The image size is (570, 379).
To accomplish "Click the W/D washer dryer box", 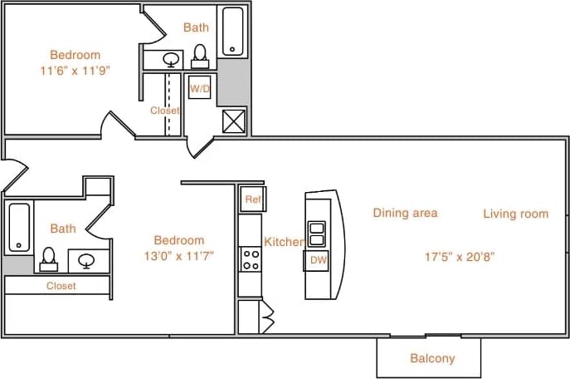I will click(200, 87).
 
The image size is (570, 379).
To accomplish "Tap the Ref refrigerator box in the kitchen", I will click(252, 199).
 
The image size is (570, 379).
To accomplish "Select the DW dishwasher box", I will click(316, 260).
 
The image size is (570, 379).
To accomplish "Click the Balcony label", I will click(432, 359).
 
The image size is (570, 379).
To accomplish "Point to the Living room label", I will click(515, 214).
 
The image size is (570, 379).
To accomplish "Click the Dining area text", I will click(404, 213).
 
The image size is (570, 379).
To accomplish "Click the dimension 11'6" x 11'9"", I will click(75, 71).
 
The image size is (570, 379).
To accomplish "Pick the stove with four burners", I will click(250, 258).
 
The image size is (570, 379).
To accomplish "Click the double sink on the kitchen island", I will click(316, 234).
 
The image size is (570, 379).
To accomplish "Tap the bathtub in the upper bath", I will click(232, 32).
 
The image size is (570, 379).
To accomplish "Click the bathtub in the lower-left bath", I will click(18, 227).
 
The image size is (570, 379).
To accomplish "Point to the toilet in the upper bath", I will click(200, 56).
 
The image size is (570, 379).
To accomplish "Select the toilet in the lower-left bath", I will click(49, 259).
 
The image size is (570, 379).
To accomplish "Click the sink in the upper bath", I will click(171, 60).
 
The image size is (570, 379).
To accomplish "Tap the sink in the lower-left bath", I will click(86, 260).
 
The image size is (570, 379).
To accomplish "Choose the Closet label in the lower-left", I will click(61, 285).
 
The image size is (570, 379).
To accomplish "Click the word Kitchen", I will click(284, 242).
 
